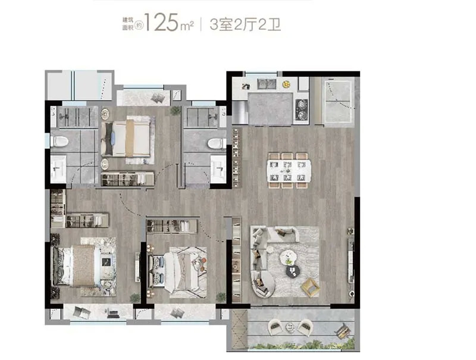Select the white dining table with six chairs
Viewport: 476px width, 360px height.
[289, 171]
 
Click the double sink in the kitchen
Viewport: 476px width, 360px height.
[266, 84]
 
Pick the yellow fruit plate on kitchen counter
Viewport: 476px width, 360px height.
[286, 84]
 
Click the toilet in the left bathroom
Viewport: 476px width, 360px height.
[59, 141]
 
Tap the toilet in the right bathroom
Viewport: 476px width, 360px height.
[217, 143]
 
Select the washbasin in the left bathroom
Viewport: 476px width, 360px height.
[58, 169]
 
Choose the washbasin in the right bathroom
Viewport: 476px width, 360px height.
[218, 169]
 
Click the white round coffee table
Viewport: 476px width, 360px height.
[287, 258]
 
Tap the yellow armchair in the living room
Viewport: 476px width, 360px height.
[310, 287]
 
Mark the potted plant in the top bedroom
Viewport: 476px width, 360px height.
[176, 110]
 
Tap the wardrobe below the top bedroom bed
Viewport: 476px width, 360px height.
[127, 179]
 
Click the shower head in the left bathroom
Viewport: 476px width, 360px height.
[65, 116]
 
